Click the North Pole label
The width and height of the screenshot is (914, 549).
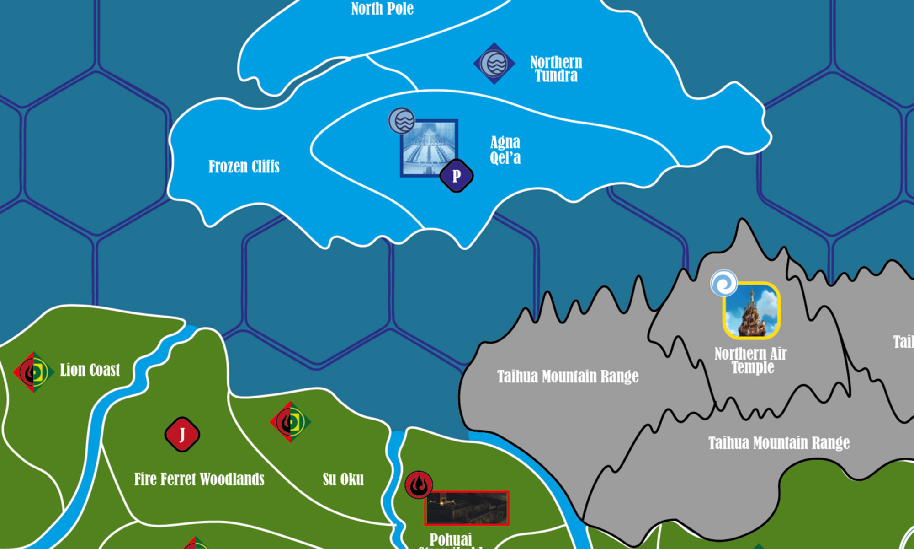(x=382, y=8)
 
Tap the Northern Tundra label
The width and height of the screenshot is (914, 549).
(x=556, y=69)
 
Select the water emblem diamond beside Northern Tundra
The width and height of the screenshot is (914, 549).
(x=494, y=63)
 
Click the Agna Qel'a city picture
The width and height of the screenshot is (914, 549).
(x=429, y=148)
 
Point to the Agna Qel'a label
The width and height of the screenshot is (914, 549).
(x=505, y=150)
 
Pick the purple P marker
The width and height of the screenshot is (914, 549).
(x=456, y=176)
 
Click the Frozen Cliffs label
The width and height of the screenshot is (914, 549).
(x=244, y=167)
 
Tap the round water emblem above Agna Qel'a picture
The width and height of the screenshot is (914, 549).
(x=402, y=121)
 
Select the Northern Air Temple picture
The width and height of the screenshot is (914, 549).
(x=751, y=311)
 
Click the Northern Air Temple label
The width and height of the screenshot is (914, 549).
(x=750, y=360)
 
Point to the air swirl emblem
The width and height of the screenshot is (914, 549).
(x=724, y=283)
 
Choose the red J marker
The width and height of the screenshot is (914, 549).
(x=182, y=434)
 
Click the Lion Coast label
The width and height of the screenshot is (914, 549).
(x=90, y=370)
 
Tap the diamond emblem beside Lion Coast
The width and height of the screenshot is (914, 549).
(x=33, y=372)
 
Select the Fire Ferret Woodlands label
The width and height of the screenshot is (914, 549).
(x=199, y=479)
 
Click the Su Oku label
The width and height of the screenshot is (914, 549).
(x=343, y=479)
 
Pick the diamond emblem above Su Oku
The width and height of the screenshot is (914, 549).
(x=290, y=422)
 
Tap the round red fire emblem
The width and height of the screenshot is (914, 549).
(x=419, y=484)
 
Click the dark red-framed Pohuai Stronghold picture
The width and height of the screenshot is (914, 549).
(x=467, y=508)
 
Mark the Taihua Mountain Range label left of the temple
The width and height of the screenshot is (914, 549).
(x=568, y=376)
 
